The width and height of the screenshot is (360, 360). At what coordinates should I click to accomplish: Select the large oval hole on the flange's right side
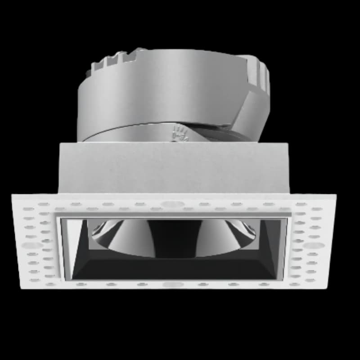(x=315, y=246)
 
